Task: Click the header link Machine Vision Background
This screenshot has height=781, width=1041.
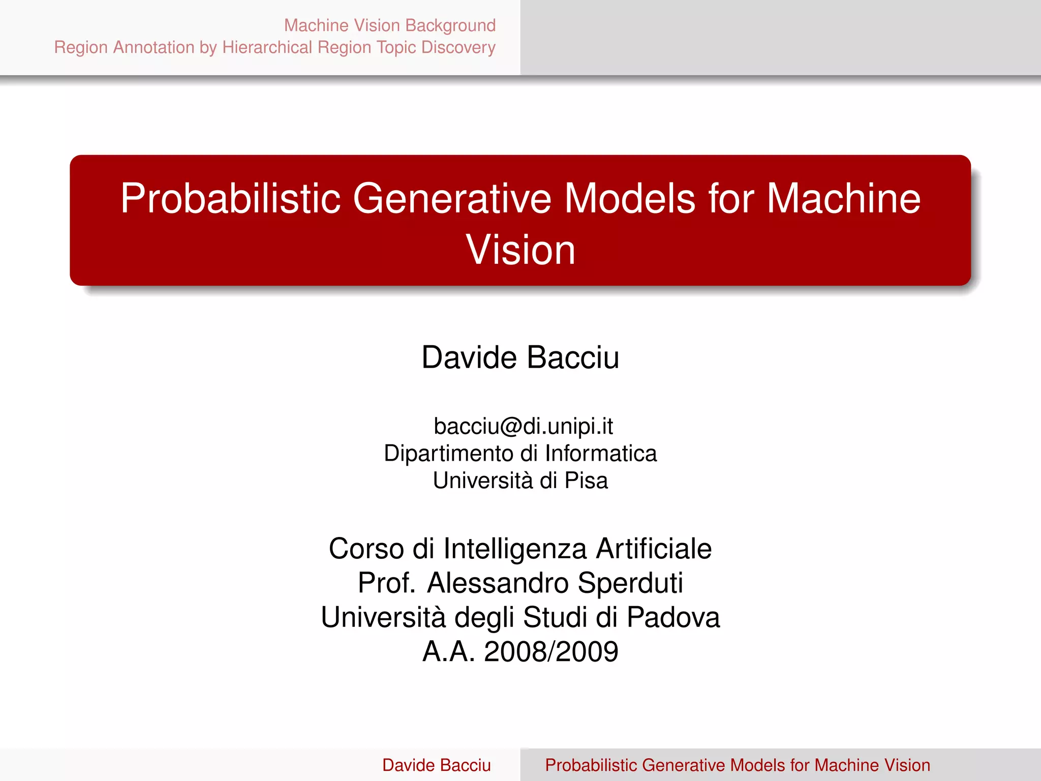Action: tap(389, 25)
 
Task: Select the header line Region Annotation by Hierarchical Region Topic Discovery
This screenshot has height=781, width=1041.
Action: tap(274, 47)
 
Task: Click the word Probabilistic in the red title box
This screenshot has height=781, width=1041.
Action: tap(230, 198)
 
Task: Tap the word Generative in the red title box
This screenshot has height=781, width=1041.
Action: tap(452, 198)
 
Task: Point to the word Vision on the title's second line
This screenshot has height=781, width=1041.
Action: tap(520, 250)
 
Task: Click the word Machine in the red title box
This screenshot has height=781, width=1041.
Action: tap(843, 198)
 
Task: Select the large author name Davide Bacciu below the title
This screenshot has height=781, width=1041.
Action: tap(520, 357)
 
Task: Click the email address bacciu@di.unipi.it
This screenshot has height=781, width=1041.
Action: tap(523, 426)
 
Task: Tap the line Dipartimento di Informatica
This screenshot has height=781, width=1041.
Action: tap(520, 453)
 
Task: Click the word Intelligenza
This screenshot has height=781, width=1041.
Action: tap(515, 549)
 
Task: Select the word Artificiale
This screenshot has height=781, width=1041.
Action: tap(654, 549)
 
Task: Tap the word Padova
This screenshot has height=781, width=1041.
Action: tap(673, 617)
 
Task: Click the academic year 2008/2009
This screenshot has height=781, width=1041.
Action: tap(551, 652)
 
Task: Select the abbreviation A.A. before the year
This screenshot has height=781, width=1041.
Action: tap(448, 652)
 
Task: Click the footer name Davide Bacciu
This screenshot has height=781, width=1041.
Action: tap(436, 765)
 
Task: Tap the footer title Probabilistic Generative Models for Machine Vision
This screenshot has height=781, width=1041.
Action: tap(738, 765)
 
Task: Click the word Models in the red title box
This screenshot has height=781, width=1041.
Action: tap(630, 198)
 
